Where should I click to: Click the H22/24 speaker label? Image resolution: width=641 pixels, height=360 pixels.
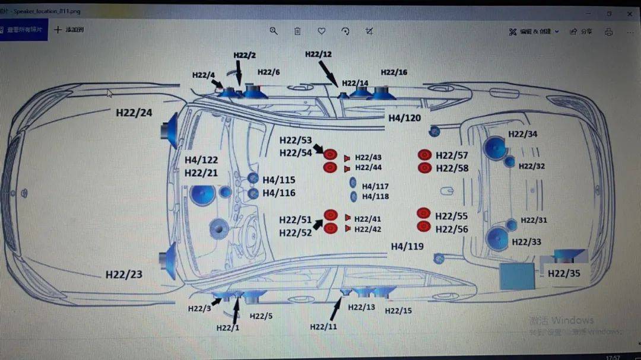(134, 112)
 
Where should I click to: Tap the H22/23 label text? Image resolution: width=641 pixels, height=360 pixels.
(124, 275)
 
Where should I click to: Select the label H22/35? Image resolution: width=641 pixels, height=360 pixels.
(564, 273)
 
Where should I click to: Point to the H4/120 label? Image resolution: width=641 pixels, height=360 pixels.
(405, 118)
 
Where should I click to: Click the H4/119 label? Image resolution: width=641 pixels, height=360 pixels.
(407, 246)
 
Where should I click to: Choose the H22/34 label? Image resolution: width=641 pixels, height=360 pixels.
(522, 134)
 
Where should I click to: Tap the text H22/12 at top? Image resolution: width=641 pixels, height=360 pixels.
(318, 54)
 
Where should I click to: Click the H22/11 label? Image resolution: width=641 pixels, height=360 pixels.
(323, 327)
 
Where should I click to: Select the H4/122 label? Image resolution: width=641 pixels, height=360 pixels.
(201, 160)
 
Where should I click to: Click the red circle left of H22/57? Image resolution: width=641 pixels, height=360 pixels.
(424, 155)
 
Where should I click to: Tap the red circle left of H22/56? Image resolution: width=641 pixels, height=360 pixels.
(423, 227)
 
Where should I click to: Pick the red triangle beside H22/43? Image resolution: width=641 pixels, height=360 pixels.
(347, 158)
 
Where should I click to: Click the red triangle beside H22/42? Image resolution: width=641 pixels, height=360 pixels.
(347, 229)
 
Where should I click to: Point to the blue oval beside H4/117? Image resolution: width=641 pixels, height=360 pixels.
(353, 183)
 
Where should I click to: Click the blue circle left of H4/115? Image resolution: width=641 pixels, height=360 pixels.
(253, 178)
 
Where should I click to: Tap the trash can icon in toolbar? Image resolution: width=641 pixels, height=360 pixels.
(297, 31)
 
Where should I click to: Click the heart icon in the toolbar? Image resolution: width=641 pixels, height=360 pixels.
(321, 31)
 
